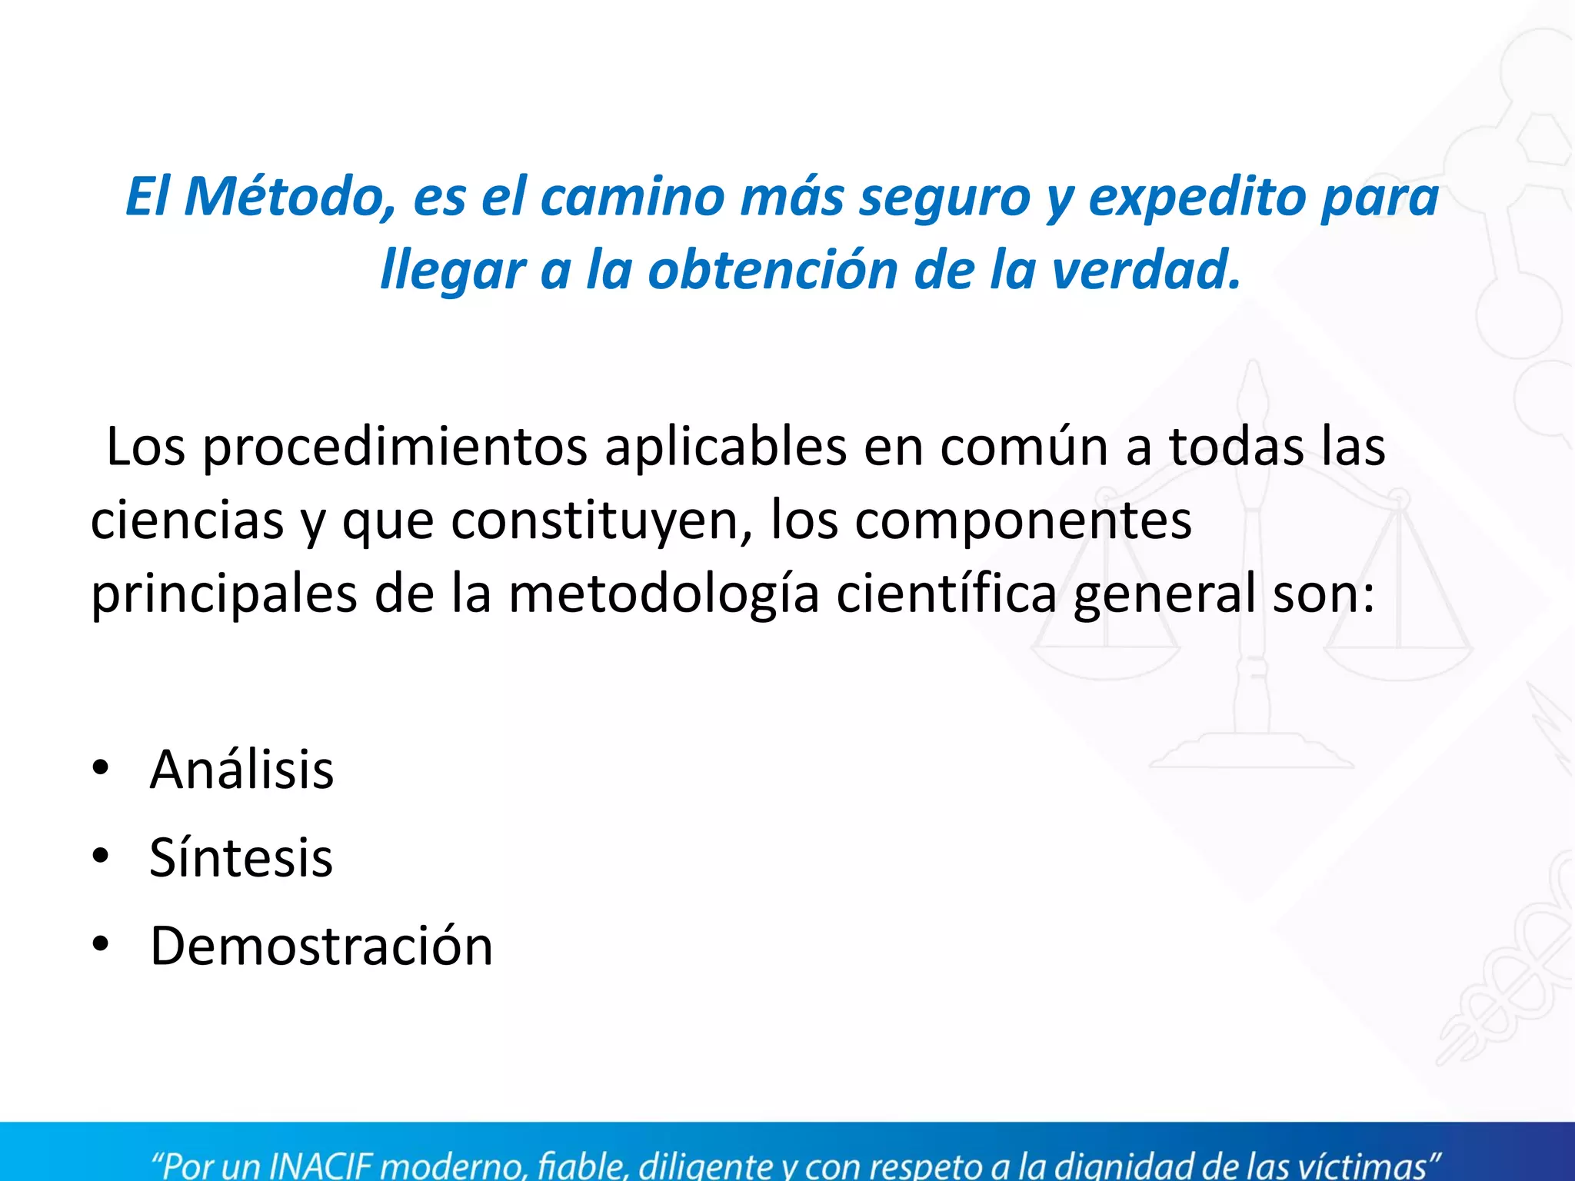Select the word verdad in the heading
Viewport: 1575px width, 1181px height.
(1145, 271)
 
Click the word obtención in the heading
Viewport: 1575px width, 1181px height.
(773, 271)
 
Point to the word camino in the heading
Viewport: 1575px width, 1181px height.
(632, 197)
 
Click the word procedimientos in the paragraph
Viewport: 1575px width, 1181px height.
(395, 447)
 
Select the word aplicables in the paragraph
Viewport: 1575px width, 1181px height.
(725, 447)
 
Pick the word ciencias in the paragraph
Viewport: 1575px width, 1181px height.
(188, 521)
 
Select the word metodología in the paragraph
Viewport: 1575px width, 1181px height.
(664, 594)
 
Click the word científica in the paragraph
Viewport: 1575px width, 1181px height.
(946, 594)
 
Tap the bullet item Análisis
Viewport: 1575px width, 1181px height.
(241, 770)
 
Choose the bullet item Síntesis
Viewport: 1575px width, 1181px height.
(241, 858)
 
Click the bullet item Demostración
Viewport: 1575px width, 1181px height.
(321, 946)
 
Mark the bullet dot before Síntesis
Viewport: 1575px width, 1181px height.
(101, 856)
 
